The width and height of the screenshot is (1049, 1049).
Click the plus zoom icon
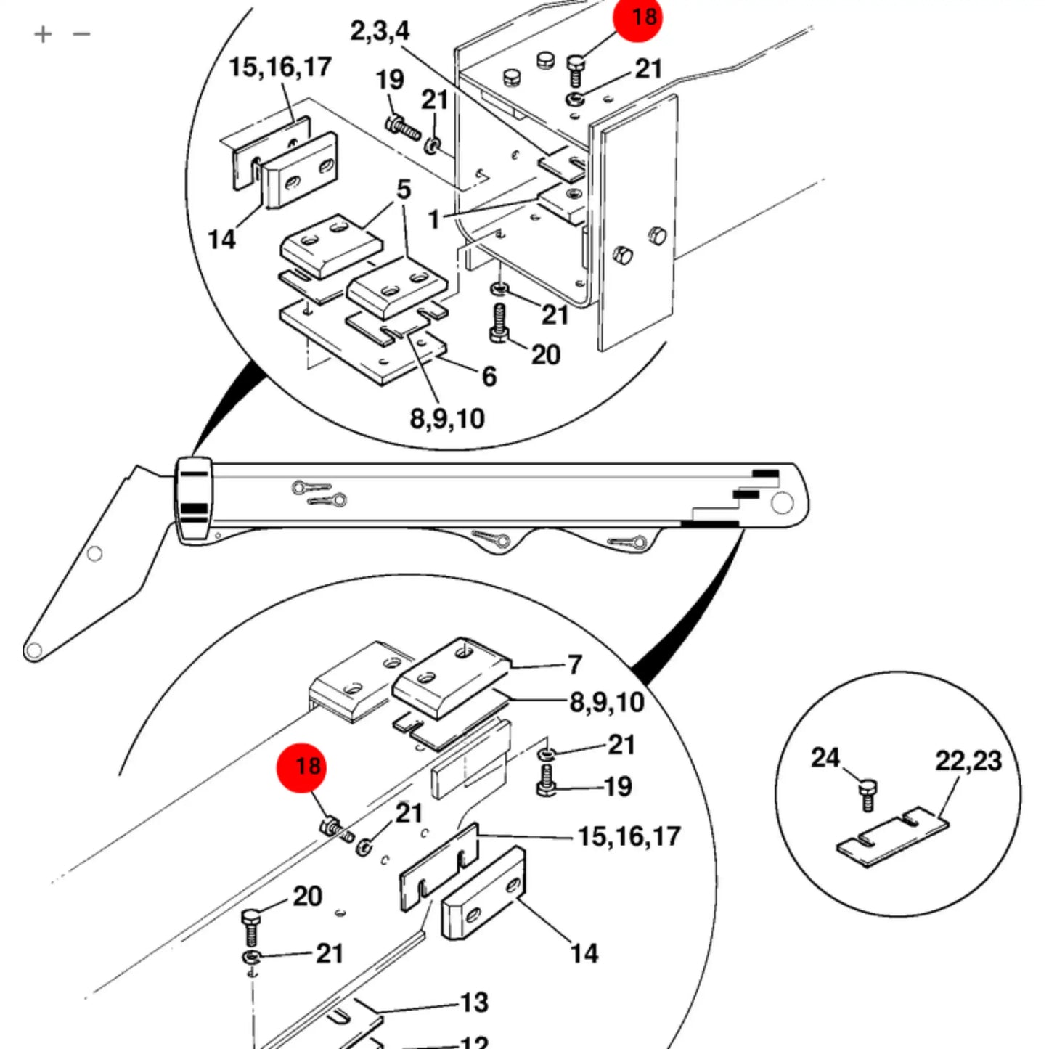42,34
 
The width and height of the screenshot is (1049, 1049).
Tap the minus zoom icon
81,34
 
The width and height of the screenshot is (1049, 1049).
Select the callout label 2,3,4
380,31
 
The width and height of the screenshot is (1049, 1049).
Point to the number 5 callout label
404,189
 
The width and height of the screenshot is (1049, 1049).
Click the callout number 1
433,219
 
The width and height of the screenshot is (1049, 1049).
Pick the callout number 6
489,376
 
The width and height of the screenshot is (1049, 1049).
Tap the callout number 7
575,664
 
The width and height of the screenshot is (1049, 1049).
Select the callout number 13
474,1003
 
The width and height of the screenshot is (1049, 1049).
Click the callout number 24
825,758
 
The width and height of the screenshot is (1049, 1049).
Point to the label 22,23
968,761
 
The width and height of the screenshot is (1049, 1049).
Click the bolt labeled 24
868,796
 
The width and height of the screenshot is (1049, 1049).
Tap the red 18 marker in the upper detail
637,17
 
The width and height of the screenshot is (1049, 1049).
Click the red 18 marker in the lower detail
301,767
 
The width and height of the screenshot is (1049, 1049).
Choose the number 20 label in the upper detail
545,354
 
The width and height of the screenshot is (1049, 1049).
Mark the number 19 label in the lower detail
618,786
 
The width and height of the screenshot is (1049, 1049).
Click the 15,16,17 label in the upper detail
279,68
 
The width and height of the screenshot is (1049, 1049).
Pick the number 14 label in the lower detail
584,953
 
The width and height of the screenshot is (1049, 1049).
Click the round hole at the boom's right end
783,503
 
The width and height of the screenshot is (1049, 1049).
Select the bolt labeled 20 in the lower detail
251,928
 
